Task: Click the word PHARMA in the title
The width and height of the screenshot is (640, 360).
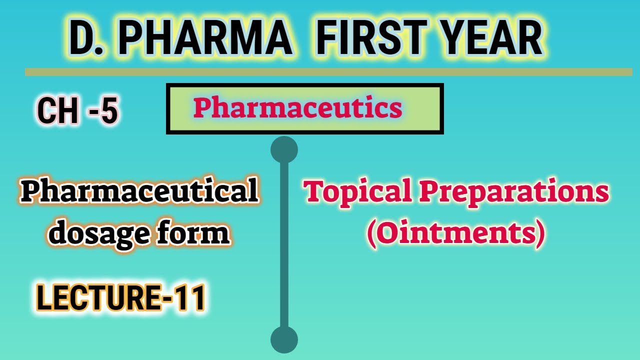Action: [x=205, y=38]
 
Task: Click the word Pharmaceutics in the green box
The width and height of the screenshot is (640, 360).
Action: [x=298, y=108]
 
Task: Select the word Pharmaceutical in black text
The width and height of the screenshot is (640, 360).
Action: [x=139, y=191]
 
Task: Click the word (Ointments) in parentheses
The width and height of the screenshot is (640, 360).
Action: [x=455, y=234]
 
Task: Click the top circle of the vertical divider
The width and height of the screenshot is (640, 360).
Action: [x=284, y=149]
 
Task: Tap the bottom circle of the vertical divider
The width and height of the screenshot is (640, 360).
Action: [x=284, y=340]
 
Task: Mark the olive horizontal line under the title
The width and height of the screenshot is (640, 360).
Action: [x=328, y=72]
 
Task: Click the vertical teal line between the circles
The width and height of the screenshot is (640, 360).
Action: [x=284, y=245]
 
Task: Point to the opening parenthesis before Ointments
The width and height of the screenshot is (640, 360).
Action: [x=371, y=234]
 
